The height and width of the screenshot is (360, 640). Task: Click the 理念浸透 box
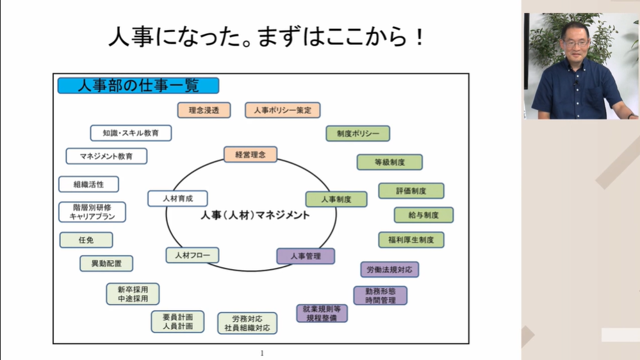[x=204, y=110]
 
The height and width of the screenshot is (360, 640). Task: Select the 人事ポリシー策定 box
[x=283, y=110]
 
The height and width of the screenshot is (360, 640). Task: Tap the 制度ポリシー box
[x=357, y=133]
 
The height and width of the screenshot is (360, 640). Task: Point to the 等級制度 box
[x=390, y=162]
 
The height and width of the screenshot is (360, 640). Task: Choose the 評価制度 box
[x=411, y=191]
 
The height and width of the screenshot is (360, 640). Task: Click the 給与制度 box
[x=423, y=215]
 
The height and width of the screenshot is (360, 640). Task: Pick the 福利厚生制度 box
[x=411, y=240]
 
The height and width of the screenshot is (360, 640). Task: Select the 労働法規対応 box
[x=390, y=269]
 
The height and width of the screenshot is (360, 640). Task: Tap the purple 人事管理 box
[x=306, y=256]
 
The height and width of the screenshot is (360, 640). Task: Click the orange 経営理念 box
[x=250, y=154]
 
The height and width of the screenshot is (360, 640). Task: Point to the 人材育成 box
[x=177, y=199]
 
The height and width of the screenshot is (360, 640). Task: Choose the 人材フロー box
[x=192, y=255]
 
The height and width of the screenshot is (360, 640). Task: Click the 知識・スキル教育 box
[x=131, y=133]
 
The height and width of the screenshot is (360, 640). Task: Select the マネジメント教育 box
[x=106, y=156]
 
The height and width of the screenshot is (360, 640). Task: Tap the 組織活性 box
[x=88, y=184]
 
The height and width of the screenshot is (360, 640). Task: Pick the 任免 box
[x=86, y=240]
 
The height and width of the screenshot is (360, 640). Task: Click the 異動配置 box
[x=106, y=263]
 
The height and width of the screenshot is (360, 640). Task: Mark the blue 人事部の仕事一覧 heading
[x=138, y=86]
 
